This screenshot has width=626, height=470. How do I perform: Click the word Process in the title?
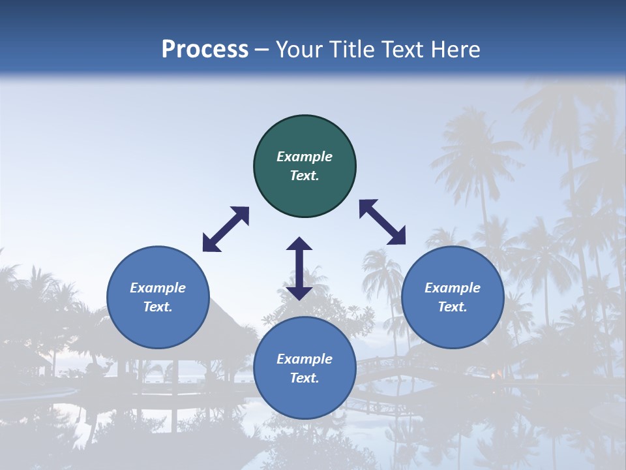point(205,50)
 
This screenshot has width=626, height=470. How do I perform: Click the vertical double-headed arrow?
point(299,268)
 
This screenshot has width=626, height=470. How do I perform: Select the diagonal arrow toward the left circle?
point(226,229)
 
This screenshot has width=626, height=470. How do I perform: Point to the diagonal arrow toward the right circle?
point(383,222)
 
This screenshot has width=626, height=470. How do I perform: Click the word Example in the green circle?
point(305,157)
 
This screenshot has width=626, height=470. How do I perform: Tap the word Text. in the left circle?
point(158,307)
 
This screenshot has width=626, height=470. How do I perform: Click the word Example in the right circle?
point(453,288)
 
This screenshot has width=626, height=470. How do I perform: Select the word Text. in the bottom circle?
point(305,378)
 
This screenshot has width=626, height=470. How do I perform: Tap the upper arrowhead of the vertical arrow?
point(299,245)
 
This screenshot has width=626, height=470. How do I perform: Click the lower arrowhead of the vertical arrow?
point(299,292)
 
